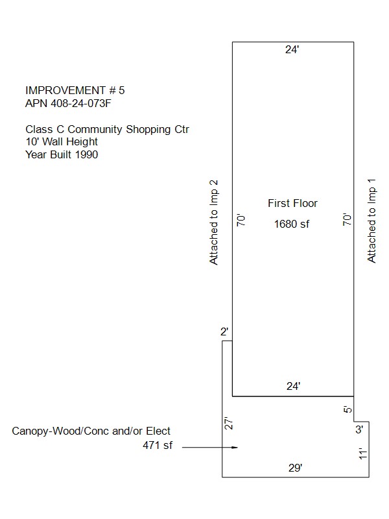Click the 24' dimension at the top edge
[x=292, y=50]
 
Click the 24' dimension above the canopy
[x=294, y=386]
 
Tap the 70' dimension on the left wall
[x=241, y=220]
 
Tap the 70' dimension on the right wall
[x=347, y=219]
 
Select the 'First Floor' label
[x=292, y=203]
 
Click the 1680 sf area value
[x=291, y=224]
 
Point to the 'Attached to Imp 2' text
[x=214, y=223]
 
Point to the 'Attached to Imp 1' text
[x=371, y=221]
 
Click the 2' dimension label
[x=224, y=332]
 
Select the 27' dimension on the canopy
[x=229, y=423]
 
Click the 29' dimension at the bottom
[x=296, y=468]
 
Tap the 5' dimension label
[x=348, y=409]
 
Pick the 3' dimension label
[x=359, y=429]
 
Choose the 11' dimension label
[x=363, y=453]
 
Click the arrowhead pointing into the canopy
[x=235, y=448]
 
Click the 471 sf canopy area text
[x=158, y=445]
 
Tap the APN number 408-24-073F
[x=81, y=103]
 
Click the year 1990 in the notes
[x=87, y=154]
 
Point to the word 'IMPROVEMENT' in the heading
[x=65, y=90]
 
